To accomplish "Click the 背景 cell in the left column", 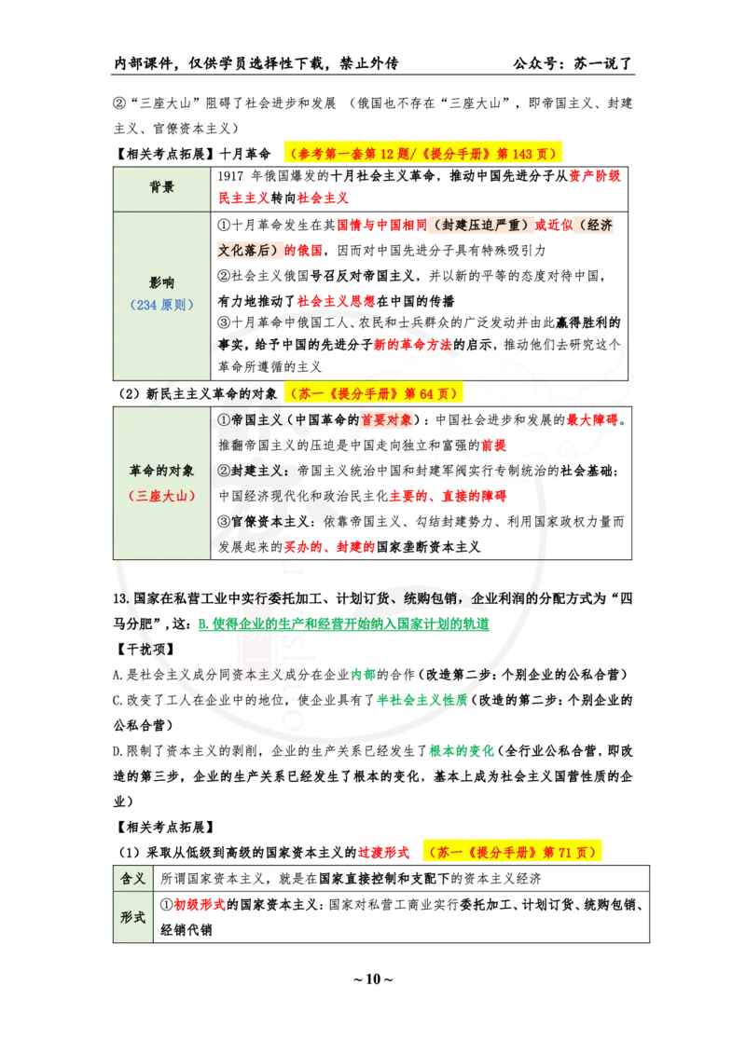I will tap(161, 187).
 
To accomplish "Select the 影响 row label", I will tap(161, 282).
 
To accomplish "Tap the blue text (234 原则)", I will tap(161, 305).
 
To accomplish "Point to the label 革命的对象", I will tap(161, 472).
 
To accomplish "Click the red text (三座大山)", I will tap(161, 496).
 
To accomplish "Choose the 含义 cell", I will tap(133, 879).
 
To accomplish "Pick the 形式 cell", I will tap(133, 916).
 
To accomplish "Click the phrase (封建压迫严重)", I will tap(480, 225).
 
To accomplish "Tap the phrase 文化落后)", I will tap(250, 250).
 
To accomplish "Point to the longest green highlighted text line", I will tap(343, 623).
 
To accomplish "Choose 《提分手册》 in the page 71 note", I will tap(501, 851).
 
